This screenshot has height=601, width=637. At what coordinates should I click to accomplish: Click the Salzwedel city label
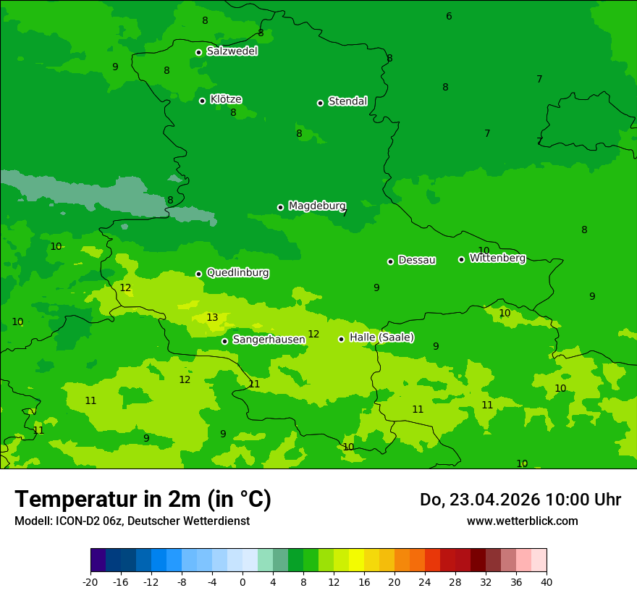pyautogui.click(x=232, y=51)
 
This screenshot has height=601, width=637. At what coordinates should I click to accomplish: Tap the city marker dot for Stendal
pyautogui.click(x=320, y=103)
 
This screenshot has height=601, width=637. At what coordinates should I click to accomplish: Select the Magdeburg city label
pyautogui.click(x=317, y=206)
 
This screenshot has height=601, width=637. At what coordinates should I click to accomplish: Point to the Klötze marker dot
pyautogui.click(x=202, y=101)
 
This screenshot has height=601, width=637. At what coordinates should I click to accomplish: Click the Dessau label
pyautogui.click(x=417, y=261)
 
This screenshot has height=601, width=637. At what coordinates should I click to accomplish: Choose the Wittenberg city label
pyautogui.click(x=497, y=259)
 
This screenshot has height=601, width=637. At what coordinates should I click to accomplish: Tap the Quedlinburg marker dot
pyautogui.click(x=198, y=274)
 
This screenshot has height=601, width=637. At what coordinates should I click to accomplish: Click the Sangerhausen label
pyautogui.click(x=269, y=340)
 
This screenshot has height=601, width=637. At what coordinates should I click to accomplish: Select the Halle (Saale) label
pyautogui.click(x=381, y=337)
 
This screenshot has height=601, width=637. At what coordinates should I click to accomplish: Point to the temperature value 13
pyautogui.click(x=212, y=318)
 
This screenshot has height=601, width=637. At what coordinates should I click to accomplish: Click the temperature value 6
pyautogui.click(x=449, y=17)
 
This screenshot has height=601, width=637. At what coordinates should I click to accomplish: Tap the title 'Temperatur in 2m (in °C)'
pyautogui.click(x=143, y=500)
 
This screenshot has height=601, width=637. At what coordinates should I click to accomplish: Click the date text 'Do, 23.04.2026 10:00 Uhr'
pyautogui.click(x=520, y=500)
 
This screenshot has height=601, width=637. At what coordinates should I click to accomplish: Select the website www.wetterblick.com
pyautogui.click(x=522, y=521)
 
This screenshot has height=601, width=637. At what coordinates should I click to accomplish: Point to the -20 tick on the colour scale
pyautogui.click(x=90, y=581)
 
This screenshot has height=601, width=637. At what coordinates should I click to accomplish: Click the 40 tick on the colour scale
pyautogui.click(x=547, y=581)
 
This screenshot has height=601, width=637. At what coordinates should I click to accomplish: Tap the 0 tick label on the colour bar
pyautogui.click(x=242, y=581)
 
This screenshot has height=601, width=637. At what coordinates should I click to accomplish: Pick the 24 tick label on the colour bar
pyautogui.click(x=425, y=581)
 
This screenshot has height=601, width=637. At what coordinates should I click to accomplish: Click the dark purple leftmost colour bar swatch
pyautogui.click(x=98, y=560)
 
